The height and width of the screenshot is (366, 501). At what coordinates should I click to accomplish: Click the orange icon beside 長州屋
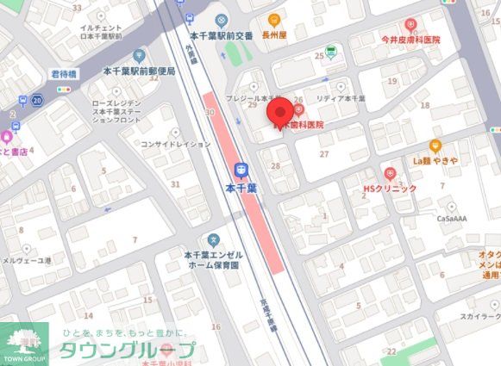click(274, 20)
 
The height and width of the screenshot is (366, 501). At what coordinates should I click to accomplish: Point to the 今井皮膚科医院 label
click(398, 40)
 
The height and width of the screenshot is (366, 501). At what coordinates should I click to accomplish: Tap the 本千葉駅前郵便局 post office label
click(138, 71)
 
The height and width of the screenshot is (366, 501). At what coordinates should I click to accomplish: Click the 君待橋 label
click(64, 74)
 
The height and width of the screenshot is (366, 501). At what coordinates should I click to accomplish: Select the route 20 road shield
click(37, 100)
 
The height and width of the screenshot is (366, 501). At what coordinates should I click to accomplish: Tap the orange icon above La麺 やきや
click(435, 146)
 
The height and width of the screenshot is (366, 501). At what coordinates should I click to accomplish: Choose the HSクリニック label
click(390, 188)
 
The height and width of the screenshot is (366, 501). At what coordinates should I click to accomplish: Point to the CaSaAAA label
click(451, 220)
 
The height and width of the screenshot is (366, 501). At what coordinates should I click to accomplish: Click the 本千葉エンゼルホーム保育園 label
click(213, 261)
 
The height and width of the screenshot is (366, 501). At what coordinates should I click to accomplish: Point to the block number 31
click(175, 183)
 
